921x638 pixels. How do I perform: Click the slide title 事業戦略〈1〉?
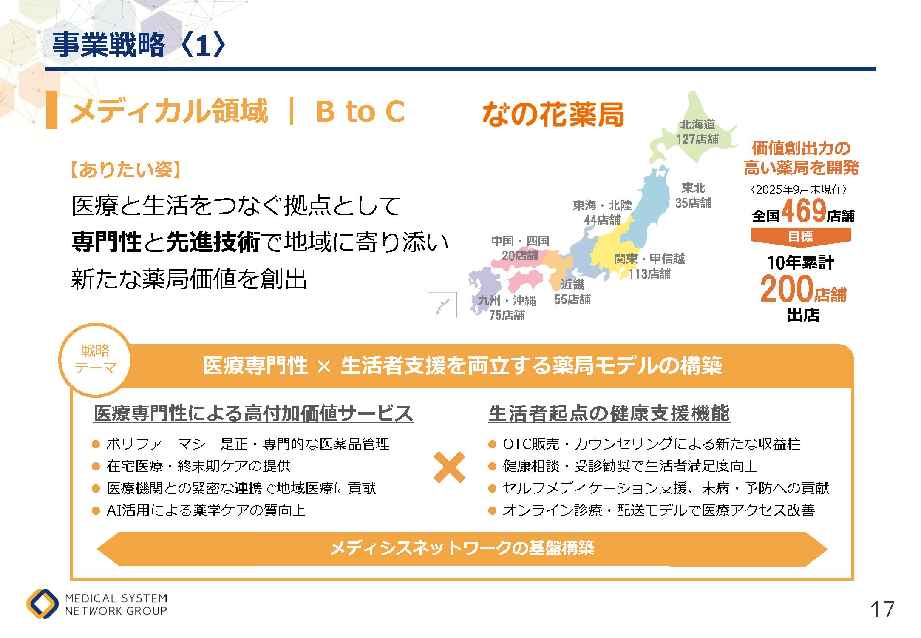click(x=139, y=45)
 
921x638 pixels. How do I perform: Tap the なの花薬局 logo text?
click(x=553, y=114)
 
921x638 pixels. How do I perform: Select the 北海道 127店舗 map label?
click(x=697, y=132)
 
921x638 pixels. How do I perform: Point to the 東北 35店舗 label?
click(x=693, y=195)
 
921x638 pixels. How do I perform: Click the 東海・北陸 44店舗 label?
click(x=602, y=212)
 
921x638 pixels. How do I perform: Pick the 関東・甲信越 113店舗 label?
click(x=649, y=266)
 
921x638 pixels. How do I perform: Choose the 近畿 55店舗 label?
click(x=572, y=292)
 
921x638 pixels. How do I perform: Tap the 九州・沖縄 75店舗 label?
click(x=507, y=308)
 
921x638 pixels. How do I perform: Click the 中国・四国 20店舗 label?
click(x=520, y=248)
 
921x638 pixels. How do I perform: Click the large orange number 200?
click(x=787, y=289)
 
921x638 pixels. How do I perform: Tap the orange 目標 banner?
click(x=801, y=237)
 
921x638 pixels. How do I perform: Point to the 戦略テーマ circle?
click(x=95, y=360)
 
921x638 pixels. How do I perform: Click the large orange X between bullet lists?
click(x=449, y=467)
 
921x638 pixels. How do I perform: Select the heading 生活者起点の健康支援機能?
click(x=609, y=413)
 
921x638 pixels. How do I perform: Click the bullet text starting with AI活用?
click(x=206, y=510)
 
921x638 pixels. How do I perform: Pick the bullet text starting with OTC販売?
click(x=652, y=444)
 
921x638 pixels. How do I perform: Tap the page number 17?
click(x=882, y=610)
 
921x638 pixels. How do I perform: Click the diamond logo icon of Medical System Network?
click(x=42, y=604)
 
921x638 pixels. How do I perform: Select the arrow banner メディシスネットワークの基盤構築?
click(x=462, y=549)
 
